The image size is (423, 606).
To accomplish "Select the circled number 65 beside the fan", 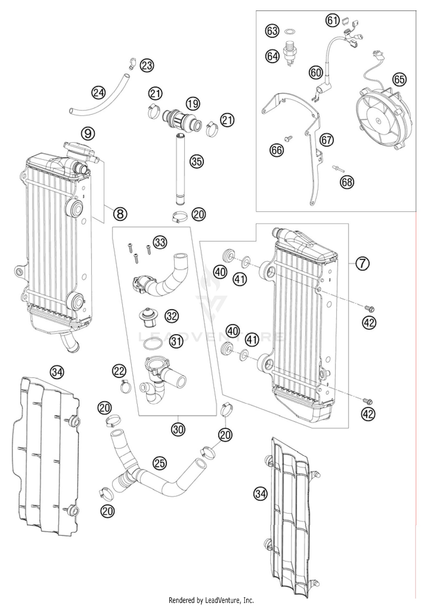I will click(400, 80).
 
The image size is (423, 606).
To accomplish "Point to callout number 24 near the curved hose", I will click(98, 93).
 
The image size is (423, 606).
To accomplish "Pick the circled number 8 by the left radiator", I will click(120, 214).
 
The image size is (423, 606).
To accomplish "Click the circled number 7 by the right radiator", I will click(362, 263).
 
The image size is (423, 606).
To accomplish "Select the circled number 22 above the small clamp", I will click(119, 371).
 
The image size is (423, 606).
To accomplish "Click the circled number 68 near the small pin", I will click(347, 182).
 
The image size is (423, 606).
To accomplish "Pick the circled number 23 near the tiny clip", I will click(147, 65).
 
